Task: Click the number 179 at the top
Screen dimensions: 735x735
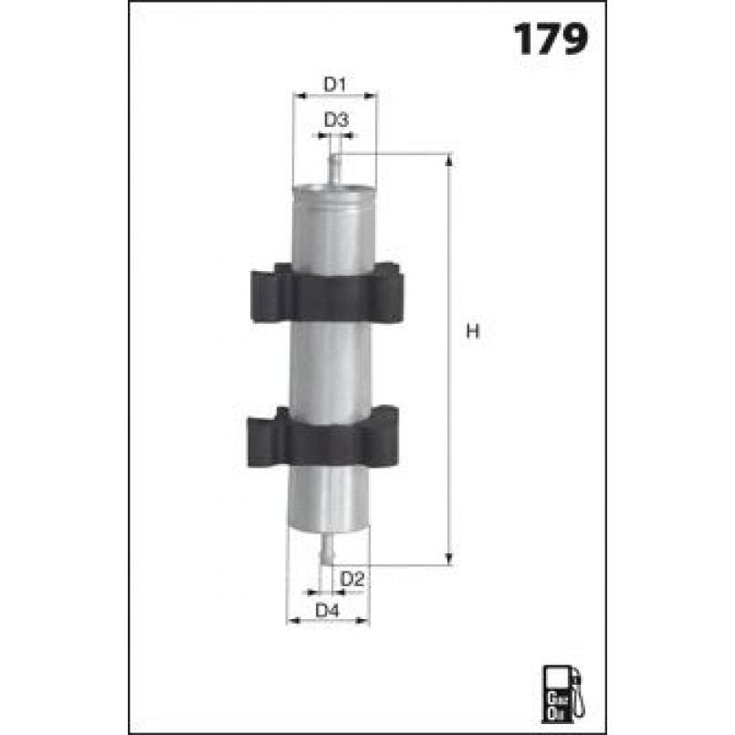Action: click(x=551, y=39)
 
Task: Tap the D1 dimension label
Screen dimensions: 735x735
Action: click(x=335, y=84)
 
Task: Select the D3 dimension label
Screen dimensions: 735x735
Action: click(x=336, y=120)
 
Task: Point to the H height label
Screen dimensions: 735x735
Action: click(x=473, y=331)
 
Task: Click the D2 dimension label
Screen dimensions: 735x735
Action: click(x=352, y=579)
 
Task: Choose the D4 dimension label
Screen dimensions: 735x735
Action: click(x=327, y=610)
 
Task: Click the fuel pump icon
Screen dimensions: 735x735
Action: click(x=562, y=692)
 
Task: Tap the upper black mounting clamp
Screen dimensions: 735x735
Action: click(x=327, y=293)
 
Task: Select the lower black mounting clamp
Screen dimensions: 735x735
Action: click(x=323, y=436)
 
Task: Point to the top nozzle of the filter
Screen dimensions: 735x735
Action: click(x=335, y=170)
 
